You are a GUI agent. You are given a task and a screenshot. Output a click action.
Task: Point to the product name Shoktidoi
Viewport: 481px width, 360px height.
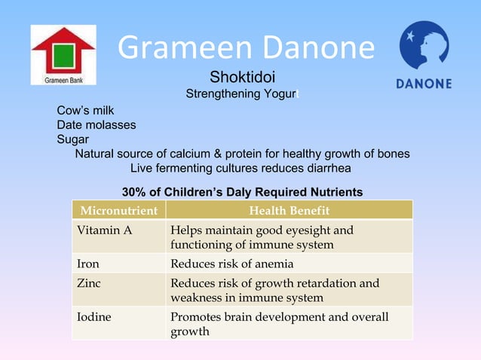[x=242, y=78]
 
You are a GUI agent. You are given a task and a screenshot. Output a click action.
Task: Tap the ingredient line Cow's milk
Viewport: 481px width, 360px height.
[x=85, y=111]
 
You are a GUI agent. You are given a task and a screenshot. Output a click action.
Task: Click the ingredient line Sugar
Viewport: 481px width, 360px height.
[x=72, y=139]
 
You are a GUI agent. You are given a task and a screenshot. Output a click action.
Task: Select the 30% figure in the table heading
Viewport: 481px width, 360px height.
[x=133, y=192]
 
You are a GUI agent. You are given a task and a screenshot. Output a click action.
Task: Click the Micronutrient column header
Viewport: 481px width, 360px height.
[x=119, y=210]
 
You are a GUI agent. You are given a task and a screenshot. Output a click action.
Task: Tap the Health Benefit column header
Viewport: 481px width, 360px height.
[x=289, y=210]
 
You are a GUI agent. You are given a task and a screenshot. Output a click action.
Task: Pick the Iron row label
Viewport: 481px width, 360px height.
[x=88, y=264]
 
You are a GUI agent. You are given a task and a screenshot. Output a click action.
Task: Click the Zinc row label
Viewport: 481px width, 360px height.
[x=89, y=283]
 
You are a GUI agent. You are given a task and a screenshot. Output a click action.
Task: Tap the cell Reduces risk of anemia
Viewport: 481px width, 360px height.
[x=232, y=264]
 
